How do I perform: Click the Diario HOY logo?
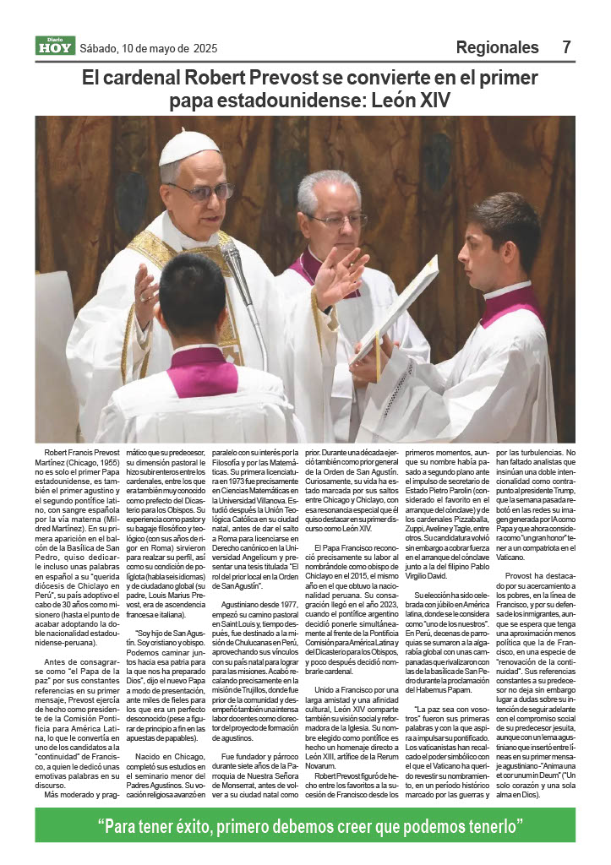point(55,46)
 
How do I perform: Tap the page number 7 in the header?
point(566,47)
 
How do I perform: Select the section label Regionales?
point(497,47)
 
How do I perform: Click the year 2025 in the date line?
point(205,48)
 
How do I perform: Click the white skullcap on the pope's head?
point(188,147)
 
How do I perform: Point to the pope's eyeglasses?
point(202,191)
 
